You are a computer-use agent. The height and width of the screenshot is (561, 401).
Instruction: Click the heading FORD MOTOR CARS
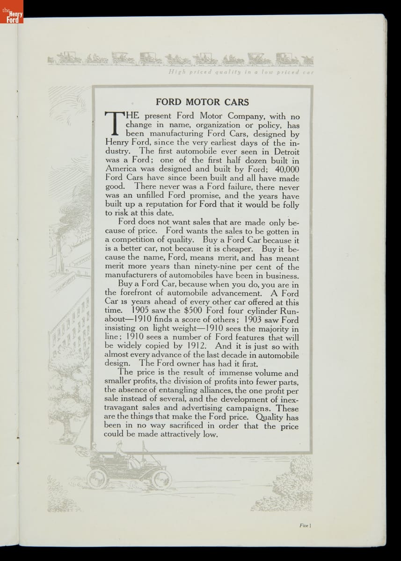tap(202, 102)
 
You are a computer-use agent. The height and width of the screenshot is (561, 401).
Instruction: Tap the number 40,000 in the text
tap(284, 169)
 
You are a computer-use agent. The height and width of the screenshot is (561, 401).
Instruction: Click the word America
tap(121, 169)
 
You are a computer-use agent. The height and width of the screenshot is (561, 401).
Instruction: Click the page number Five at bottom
tap(304, 525)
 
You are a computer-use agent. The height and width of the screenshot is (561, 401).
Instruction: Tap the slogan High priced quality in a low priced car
tap(241, 72)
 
